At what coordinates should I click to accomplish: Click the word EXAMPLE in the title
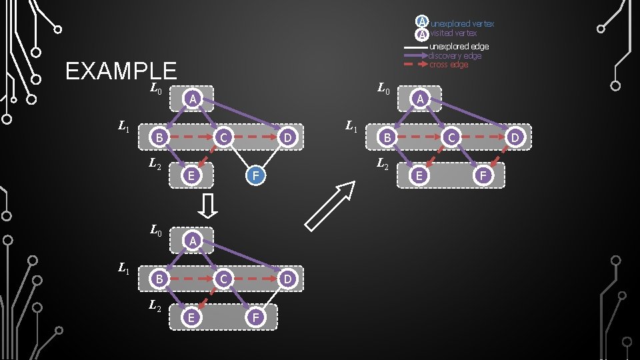pyautogui.click(x=121, y=71)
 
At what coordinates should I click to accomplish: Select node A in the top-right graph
pyautogui.click(x=420, y=98)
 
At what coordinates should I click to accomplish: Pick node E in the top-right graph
pyautogui.click(x=419, y=175)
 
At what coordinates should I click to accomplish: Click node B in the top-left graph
pyautogui.click(x=159, y=137)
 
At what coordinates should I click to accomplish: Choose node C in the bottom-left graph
pyautogui.click(x=225, y=278)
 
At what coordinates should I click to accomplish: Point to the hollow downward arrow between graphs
pyautogui.click(x=208, y=206)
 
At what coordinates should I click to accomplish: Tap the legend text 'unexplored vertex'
pyautogui.click(x=462, y=24)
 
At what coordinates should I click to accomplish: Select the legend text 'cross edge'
pyautogui.click(x=448, y=65)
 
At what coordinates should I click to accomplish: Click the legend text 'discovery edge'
pyautogui.click(x=455, y=56)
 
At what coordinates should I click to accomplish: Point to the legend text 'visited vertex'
pyautogui.click(x=453, y=33)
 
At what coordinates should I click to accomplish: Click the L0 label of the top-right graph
pyautogui.click(x=384, y=87)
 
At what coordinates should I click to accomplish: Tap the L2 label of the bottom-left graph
pyautogui.click(x=155, y=305)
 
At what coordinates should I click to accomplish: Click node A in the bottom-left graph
pyautogui.click(x=192, y=240)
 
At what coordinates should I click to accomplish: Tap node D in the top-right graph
pyautogui.click(x=514, y=137)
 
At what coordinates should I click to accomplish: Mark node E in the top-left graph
pyautogui.click(x=191, y=176)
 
